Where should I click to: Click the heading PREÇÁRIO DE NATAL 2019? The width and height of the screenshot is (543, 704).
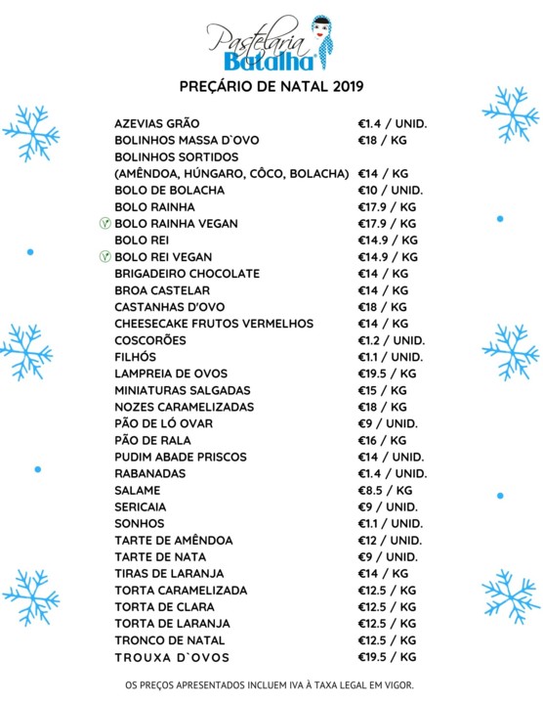pos(271,87)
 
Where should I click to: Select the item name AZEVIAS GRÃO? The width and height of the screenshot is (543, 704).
pos(157,124)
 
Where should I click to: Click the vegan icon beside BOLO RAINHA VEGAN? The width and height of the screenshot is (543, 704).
pos(104,224)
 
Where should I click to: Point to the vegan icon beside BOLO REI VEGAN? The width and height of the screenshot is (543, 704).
pos(104,257)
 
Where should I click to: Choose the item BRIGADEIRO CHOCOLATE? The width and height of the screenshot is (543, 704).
pos(188,274)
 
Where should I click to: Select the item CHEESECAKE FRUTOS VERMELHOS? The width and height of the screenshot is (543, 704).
pos(214,324)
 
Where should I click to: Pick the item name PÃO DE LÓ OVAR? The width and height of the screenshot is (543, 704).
pos(163,423)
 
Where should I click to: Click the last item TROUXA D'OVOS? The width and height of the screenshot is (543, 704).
pos(173,657)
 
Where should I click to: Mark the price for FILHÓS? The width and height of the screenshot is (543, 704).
pos(390,357)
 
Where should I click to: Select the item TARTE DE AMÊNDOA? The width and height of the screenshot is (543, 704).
pos(174,540)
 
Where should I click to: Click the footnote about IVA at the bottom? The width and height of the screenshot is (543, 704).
pos(271,684)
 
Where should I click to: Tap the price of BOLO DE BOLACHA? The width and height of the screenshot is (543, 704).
pos(390,191)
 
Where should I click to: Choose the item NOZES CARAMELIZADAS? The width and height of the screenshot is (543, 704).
pos(185,407)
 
